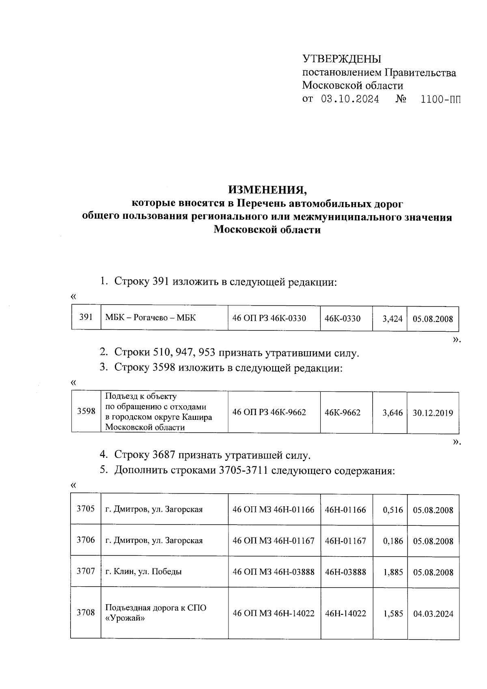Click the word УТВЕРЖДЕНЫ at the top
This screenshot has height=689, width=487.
pos(342,60)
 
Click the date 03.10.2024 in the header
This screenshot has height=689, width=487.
pos(350,99)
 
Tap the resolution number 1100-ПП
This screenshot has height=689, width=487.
pos(441,99)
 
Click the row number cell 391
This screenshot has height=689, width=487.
pos(86,318)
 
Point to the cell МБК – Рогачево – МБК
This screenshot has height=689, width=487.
pos(150,318)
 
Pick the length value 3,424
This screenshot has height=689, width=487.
pos(392,319)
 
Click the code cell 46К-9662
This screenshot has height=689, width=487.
pos(343,413)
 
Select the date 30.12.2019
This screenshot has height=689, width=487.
pos(433,413)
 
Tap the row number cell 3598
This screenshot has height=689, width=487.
pos(86,411)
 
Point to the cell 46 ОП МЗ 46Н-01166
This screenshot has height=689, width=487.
pos(273,510)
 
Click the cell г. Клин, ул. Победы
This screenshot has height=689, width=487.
pos(143,572)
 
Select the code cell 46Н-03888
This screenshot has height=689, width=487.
pos(345,572)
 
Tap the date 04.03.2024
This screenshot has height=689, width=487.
pos(433,614)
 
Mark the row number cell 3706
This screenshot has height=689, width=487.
pos(86,540)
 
